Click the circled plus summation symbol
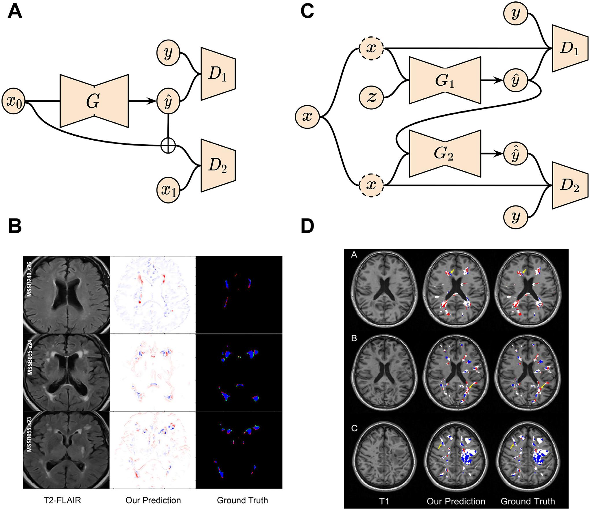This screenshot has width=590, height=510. [x=168, y=144]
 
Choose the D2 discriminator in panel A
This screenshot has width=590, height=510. [x=218, y=166]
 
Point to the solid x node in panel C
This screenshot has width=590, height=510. [x=307, y=117]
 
